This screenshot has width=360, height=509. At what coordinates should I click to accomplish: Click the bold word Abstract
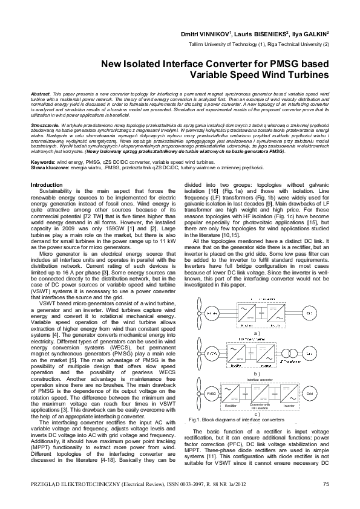[x=41, y=96]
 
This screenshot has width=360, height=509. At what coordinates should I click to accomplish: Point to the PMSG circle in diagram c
[x=211, y=394]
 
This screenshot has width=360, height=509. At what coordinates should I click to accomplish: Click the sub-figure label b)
[x=257, y=374]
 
